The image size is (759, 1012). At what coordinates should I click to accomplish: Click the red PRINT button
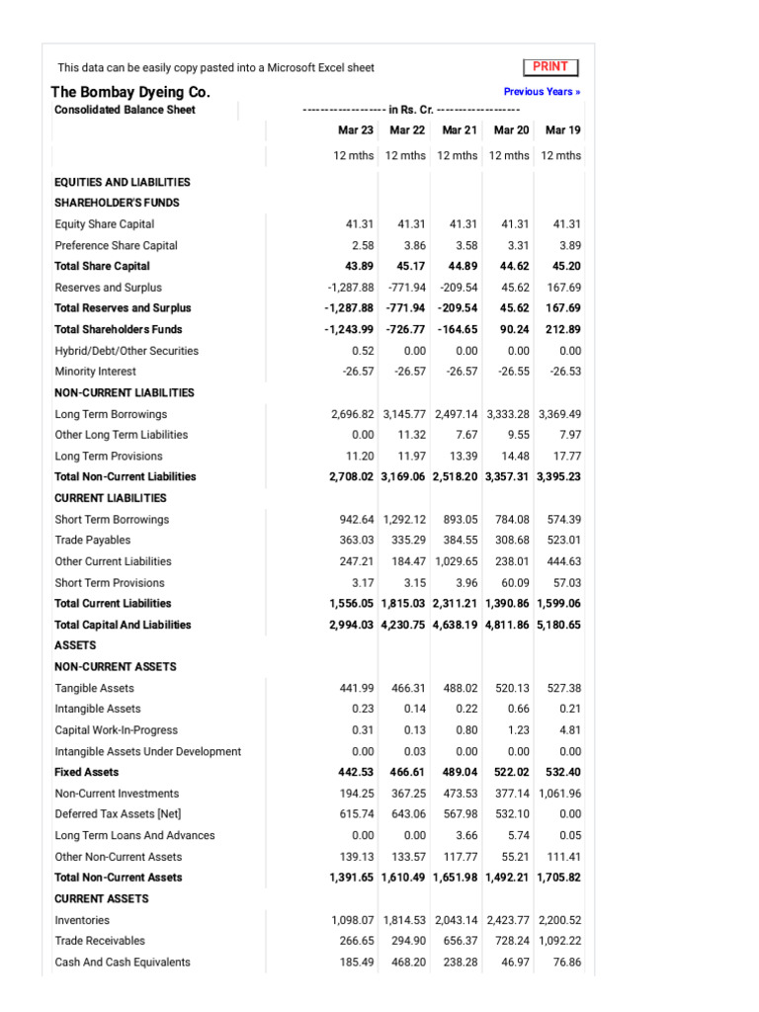tap(550, 67)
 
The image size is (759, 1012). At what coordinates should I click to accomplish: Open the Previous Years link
tap(542, 92)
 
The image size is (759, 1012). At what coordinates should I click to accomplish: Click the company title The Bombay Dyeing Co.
tap(130, 92)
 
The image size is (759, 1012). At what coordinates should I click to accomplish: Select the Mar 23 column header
tap(355, 130)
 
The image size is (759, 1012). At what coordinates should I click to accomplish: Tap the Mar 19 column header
tap(562, 130)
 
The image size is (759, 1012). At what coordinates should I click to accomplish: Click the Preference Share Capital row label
tap(117, 245)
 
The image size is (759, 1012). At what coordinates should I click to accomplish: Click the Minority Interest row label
tap(96, 372)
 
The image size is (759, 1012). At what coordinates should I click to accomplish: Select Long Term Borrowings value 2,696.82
tap(353, 414)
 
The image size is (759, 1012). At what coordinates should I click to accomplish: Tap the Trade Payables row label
tap(93, 541)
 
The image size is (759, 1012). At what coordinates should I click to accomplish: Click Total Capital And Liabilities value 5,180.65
tap(558, 625)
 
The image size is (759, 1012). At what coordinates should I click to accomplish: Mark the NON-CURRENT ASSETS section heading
tap(116, 667)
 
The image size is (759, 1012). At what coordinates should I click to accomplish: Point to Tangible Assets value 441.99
tap(355, 688)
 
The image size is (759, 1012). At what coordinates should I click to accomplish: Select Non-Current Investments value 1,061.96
tap(558, 794)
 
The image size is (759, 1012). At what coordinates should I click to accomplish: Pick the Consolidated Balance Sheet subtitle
tap(125, 110)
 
